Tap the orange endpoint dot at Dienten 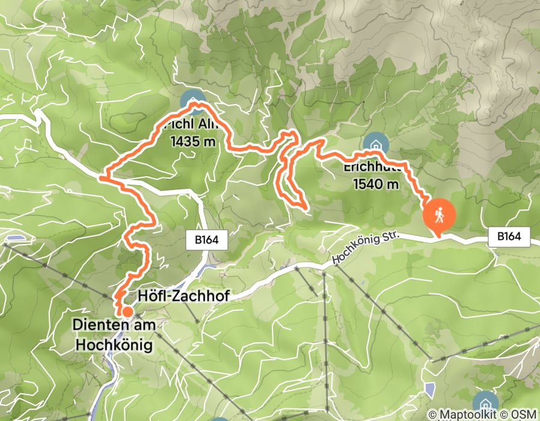[127, 312]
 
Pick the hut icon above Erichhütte [375, 144]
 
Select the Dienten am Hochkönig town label [114, 334]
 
